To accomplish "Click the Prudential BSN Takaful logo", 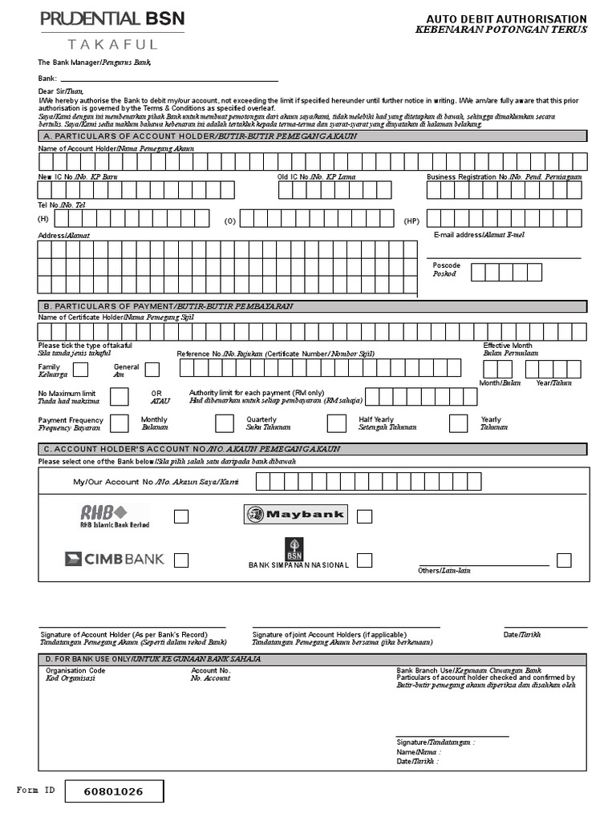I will coord(111,30).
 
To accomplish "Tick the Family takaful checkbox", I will coord(81,370).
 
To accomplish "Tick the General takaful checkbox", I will coord(152,370).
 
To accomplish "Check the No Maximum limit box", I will coord(119,397).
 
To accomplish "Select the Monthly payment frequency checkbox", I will coord(119,423).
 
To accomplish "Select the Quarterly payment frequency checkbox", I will coord(225,423).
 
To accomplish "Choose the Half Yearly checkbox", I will coord(337,423).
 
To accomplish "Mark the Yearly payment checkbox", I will coord(458,423).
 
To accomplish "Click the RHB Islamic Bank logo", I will coord(114,516).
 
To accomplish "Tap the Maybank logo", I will coord(296,515).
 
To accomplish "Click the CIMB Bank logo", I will coord(114,559).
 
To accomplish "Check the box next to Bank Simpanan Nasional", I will coord(365,560).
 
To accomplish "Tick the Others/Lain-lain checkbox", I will coord(564,560).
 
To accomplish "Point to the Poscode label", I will coord(447,265).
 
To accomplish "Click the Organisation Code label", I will coord(75,670).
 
